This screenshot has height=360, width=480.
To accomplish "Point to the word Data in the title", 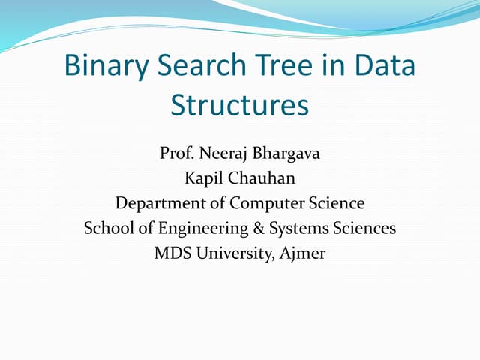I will pyautogui.click(x=383, y=65).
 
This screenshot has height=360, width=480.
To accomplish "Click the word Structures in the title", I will pyautogui.click(x=240, y=105).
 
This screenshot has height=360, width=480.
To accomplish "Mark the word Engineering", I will pyautogui.click(x=183, y=228).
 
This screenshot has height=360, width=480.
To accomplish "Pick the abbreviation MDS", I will pyautogui.click(x=171, y=253).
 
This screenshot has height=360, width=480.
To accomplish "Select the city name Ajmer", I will pyautogui.click(x=302, y=253).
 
